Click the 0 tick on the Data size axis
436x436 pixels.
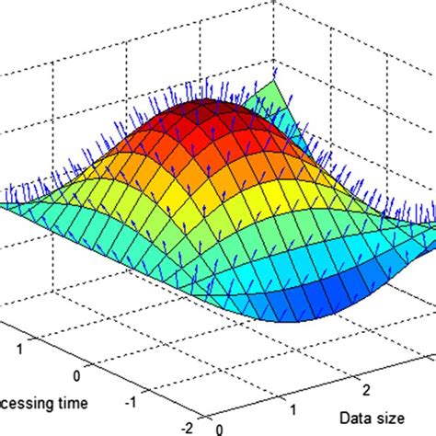[219, 428]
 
